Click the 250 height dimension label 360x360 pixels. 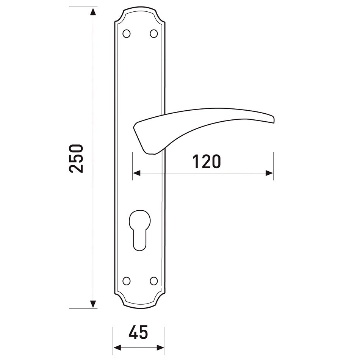(76, 158)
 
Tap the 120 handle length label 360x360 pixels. (207, 161)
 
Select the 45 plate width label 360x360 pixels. (138, 332)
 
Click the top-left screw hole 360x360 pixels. (127, 34)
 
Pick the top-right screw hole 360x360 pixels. (154, 34)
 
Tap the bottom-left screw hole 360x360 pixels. (127, 281)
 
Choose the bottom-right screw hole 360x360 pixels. (154, 281)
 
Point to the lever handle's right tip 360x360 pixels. (274, 119)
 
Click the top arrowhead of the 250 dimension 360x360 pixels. (93, 11)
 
